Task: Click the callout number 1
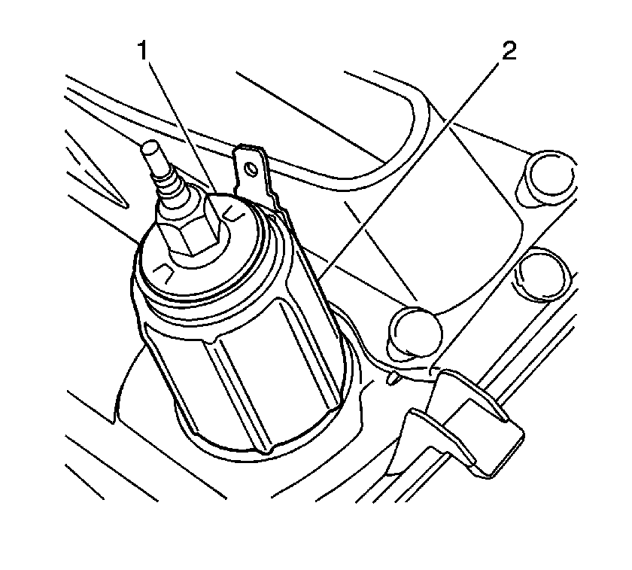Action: tap(143, 51)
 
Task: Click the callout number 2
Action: tap(509, 51)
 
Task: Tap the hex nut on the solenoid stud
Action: tap(189, 228)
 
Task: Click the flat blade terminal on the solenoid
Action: tap(255, 174)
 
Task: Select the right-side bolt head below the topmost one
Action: tap(544, 274)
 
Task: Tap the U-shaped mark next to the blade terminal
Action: tap(233, 213)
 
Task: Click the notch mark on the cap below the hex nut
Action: tap(166, 273)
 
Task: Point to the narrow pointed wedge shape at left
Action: tap(97, 169)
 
